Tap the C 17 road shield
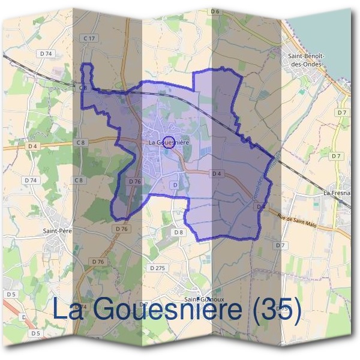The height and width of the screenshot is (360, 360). coord(90,38)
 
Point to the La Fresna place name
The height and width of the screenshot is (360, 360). coord(337,193)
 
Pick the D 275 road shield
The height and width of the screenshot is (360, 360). coord(157,268)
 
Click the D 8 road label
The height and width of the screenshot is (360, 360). coord(178,232)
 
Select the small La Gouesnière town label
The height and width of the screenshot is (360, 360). coord(170,142)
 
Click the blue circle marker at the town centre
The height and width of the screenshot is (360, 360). coord(168,142)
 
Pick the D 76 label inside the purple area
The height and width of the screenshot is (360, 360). coord(135,181)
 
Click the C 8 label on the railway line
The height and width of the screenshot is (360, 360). coord(83,88)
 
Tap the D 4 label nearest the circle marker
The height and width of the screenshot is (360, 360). coord(217,173)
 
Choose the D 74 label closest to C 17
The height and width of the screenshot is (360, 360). coord(46,53)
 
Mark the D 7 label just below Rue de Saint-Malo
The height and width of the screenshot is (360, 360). coord(280,245)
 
